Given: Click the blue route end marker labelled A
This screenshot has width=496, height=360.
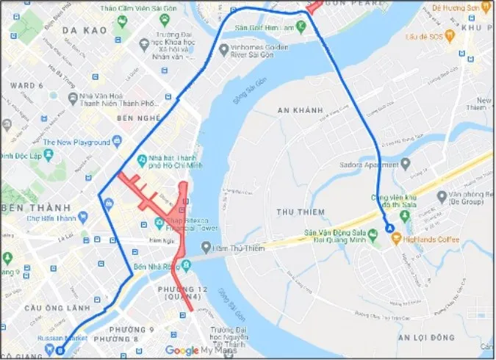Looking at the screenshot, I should [389, 228].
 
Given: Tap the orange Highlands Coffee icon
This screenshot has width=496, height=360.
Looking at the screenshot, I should [397, 237].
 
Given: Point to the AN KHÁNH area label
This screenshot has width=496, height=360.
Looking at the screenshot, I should [301, 110].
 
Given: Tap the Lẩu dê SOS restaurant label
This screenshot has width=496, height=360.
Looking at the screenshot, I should [426, 35].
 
